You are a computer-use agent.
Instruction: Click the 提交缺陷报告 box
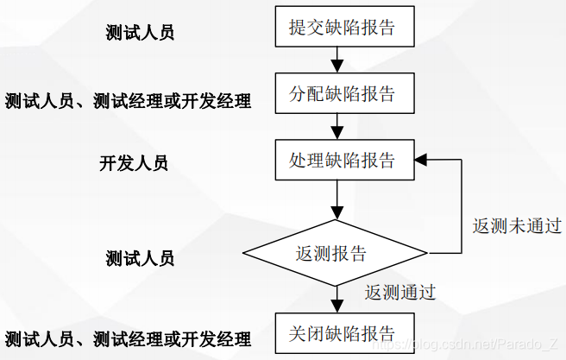343,27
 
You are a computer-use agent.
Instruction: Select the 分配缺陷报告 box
343,93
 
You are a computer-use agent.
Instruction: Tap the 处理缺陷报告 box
343,160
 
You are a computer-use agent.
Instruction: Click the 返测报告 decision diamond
335,253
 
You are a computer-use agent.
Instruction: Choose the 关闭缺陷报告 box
343,332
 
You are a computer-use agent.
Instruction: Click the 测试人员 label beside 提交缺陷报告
140,34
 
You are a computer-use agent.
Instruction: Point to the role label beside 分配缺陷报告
128,102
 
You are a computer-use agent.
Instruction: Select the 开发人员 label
134,163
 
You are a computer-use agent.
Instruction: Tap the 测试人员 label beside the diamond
140,258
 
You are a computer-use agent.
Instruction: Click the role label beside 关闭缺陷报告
128,338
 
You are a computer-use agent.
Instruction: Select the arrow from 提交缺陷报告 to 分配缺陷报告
338,59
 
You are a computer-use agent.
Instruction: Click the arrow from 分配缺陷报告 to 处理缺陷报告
338,125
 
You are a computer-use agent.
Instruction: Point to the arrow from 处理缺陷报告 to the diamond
338,204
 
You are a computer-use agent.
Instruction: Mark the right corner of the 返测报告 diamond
426,253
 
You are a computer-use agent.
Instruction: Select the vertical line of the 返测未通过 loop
462,206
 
